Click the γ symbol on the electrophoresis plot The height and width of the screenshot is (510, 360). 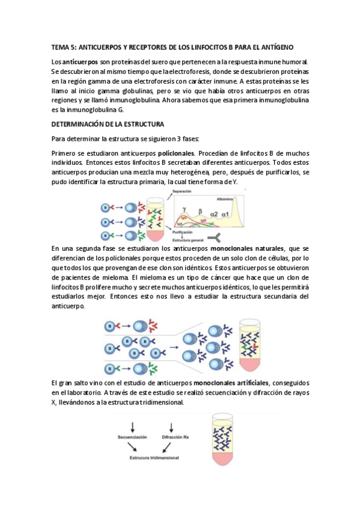(x=184, y=208)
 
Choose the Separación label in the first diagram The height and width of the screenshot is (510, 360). (x=182, y=192)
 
